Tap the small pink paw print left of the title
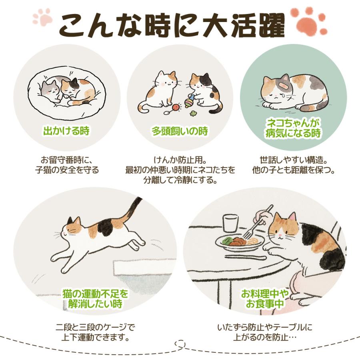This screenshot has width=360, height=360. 42,17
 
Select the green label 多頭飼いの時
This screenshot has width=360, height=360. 180,131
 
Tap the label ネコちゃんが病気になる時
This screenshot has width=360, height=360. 293,128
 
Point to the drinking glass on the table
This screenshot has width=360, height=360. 230,223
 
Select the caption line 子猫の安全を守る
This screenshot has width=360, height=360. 66,170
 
